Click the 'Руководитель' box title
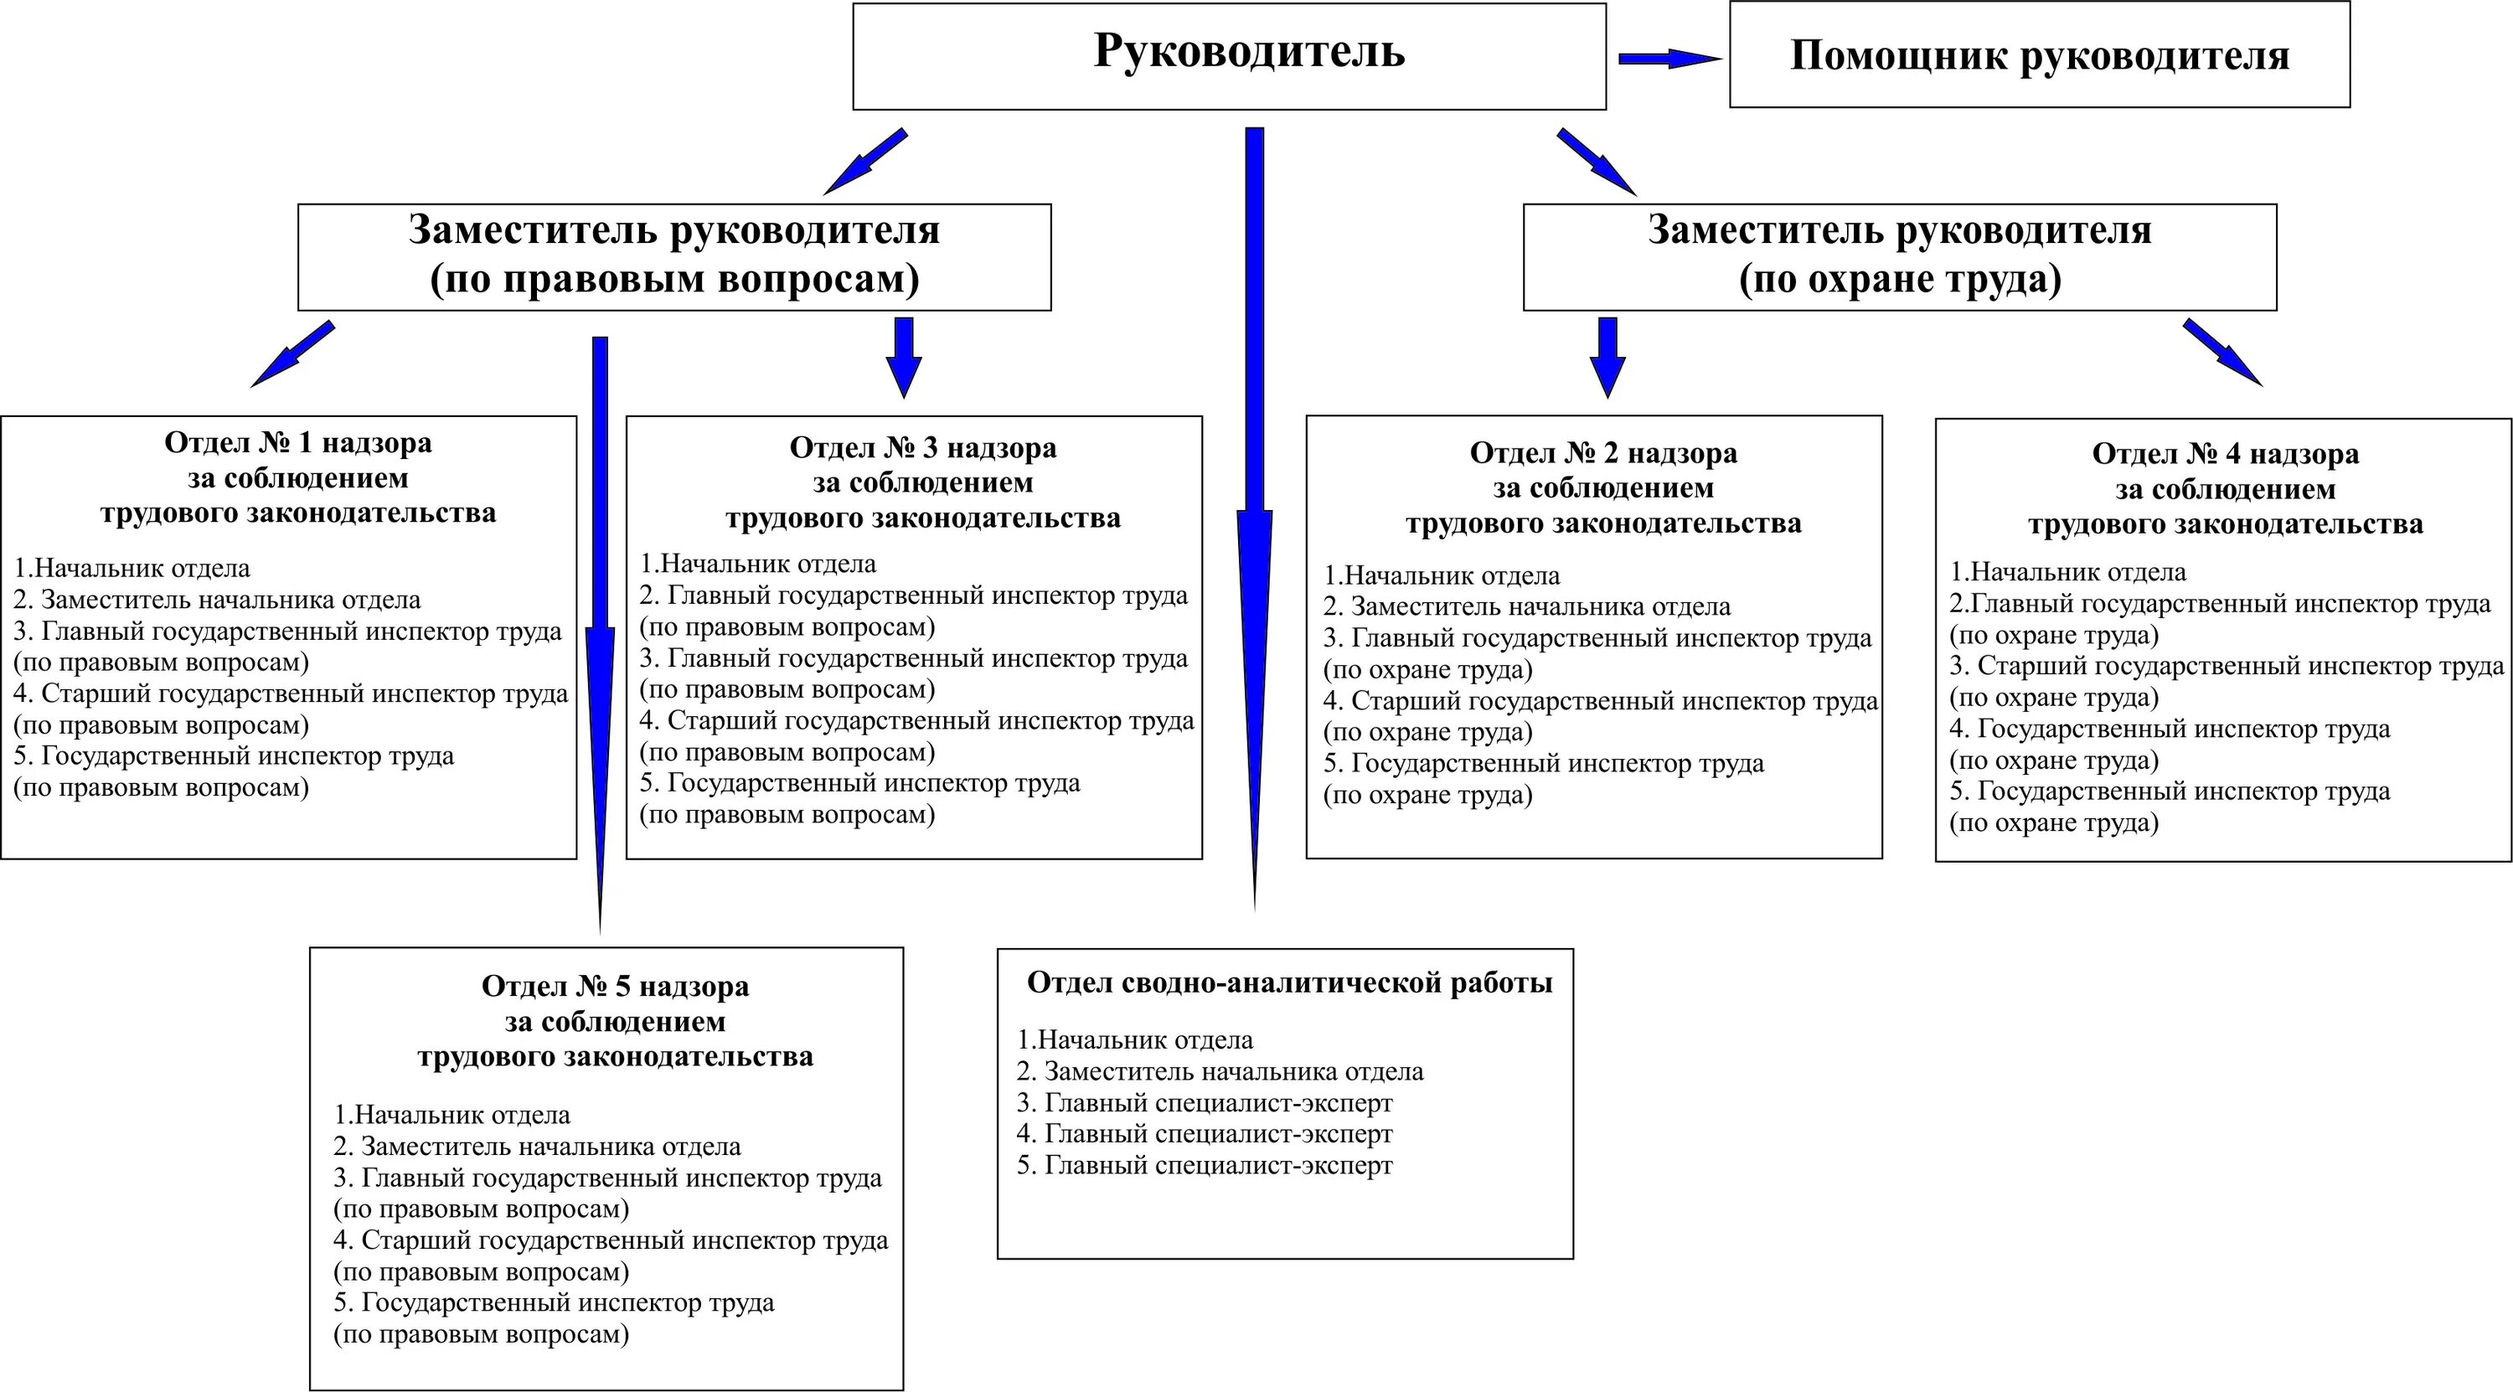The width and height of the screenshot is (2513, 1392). tap(1249, 51)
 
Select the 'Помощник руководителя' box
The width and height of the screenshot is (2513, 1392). tap(2039, 55)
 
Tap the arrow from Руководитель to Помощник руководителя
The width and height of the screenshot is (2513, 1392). tap(1669, 59)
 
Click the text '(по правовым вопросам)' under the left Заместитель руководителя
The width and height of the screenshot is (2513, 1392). tap(674, 280)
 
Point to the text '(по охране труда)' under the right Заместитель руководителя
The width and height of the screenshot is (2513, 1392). tap(1899, 280)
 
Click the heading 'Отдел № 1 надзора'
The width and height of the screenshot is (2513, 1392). tap(297, 443)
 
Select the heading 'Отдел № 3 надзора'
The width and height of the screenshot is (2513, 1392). tap(922, 448)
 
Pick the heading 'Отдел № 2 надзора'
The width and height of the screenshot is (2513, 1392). tap(1602, 454)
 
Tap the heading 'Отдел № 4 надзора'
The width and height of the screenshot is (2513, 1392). tap(2225, 455)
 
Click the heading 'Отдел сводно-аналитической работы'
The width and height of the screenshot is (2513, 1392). tap(1288, 982)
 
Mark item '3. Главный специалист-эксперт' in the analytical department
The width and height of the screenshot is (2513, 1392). tap(1204, 1103)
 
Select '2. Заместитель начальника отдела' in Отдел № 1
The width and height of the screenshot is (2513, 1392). tap(217, 600)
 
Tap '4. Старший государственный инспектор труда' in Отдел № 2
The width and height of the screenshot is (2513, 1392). tap(1600, 700)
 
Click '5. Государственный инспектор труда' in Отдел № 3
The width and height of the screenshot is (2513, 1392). tap(859, 783)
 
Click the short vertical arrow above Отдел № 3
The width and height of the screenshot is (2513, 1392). tap(903, 356)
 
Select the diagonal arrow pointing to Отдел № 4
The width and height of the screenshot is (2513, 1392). tap(2222, 352)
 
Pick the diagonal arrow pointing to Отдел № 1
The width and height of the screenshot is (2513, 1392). tap(292, 355)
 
